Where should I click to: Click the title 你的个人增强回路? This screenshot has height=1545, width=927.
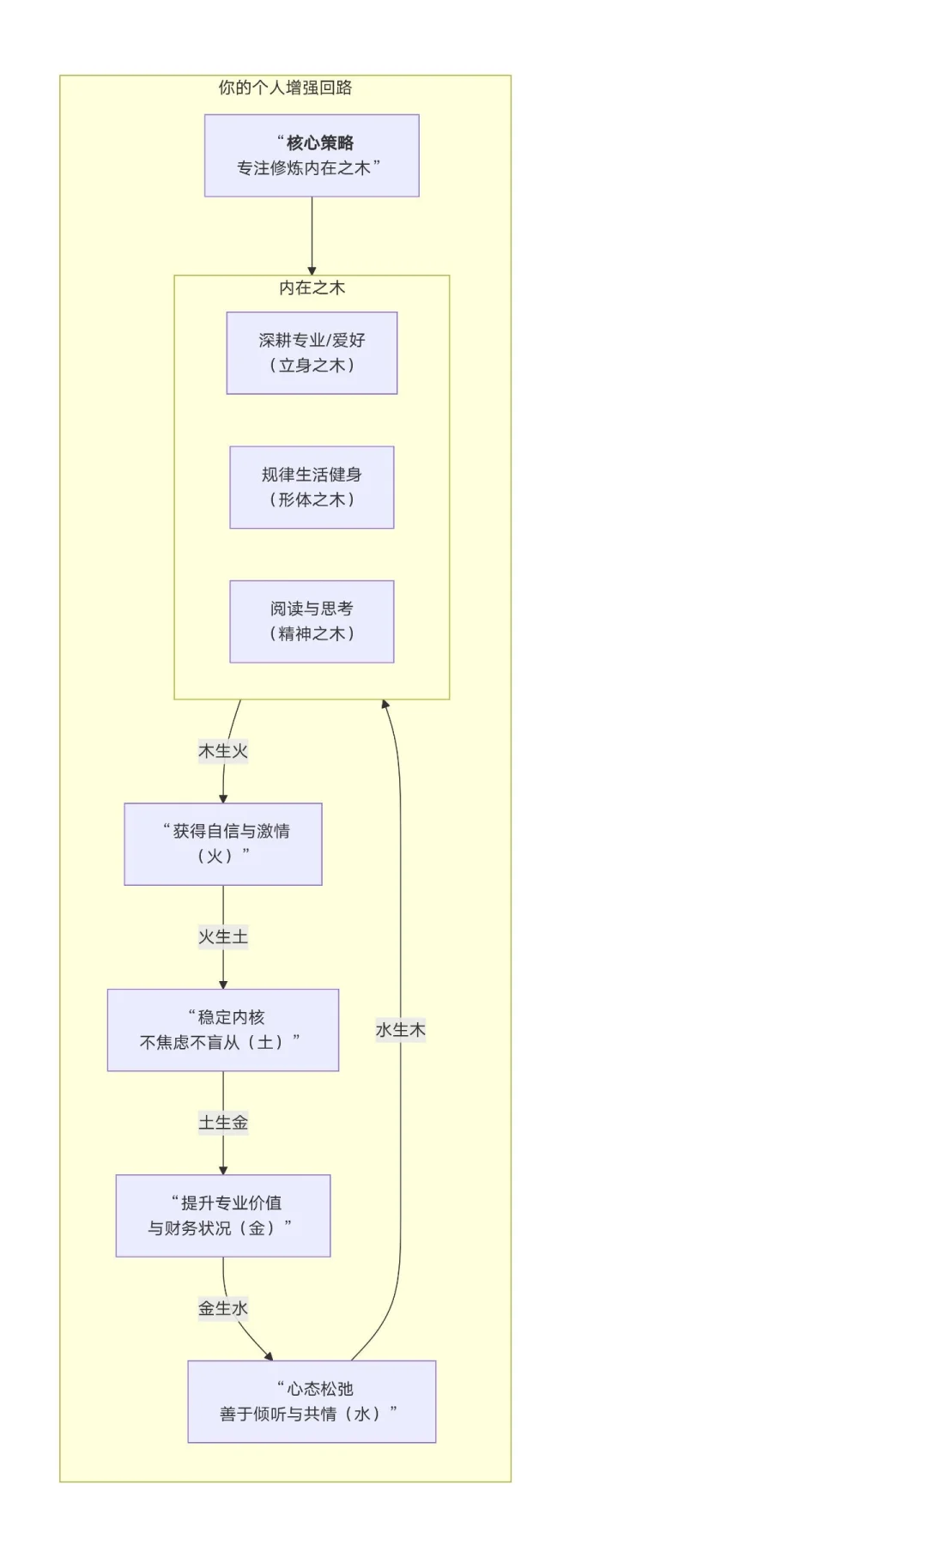pos(285,88)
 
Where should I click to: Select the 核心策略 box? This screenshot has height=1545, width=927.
pos(312,156)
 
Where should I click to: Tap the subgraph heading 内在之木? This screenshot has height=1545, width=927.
pos(312,288)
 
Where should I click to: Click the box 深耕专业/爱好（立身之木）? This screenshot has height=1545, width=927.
pos(312,353)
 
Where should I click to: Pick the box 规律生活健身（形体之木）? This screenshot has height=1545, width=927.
pos(312,487)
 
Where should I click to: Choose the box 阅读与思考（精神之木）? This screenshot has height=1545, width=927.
pos(312,621)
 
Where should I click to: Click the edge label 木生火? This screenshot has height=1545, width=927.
pos(223,751)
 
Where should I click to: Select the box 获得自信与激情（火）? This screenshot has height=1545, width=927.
pos(223,844)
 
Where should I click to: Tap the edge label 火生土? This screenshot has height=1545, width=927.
pos(223,936)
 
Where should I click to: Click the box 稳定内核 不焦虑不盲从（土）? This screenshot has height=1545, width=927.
pos(223,1030)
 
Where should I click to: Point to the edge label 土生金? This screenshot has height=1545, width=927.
pos(223,1122)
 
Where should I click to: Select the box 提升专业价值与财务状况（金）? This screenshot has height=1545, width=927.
pos(223,1215)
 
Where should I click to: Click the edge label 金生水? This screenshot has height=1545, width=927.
pos(223,1308)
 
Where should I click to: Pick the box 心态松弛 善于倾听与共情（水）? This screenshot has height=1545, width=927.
pos(312,1401)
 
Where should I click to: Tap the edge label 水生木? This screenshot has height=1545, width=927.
pos(400,1029)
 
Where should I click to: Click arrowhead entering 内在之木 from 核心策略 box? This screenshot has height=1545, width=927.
pos(312,270)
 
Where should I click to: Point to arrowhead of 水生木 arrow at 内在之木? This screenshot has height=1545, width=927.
pos(385,705)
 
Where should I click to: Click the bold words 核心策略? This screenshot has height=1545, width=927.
pos(319,142)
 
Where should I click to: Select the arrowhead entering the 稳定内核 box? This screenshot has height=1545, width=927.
pos(223,984)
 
